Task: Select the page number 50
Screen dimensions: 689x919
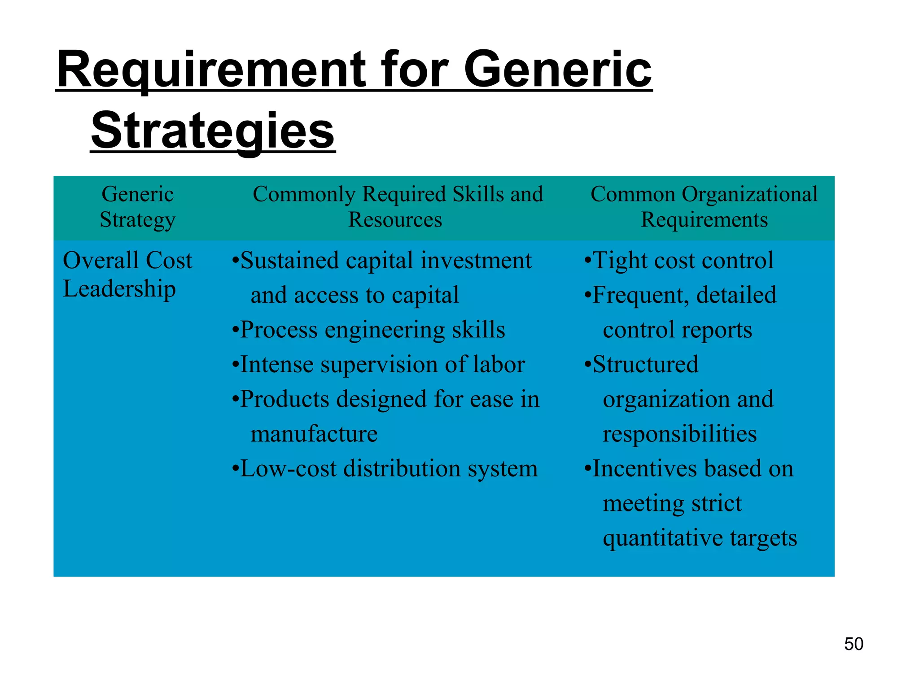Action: [853, 644]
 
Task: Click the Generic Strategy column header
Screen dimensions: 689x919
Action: [137, 207]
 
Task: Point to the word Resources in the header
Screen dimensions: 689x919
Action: [395, 220]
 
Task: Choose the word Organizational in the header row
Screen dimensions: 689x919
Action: [749, 194]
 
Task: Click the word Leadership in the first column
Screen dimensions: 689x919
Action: [119, 288]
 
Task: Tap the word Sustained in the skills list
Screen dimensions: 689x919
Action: [290, 261]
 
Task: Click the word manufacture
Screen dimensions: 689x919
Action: [314, 434]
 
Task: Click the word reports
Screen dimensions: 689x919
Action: [717, 330]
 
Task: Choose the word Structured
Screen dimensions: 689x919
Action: [646, 364]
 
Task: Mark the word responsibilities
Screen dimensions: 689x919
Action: [679, 434]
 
